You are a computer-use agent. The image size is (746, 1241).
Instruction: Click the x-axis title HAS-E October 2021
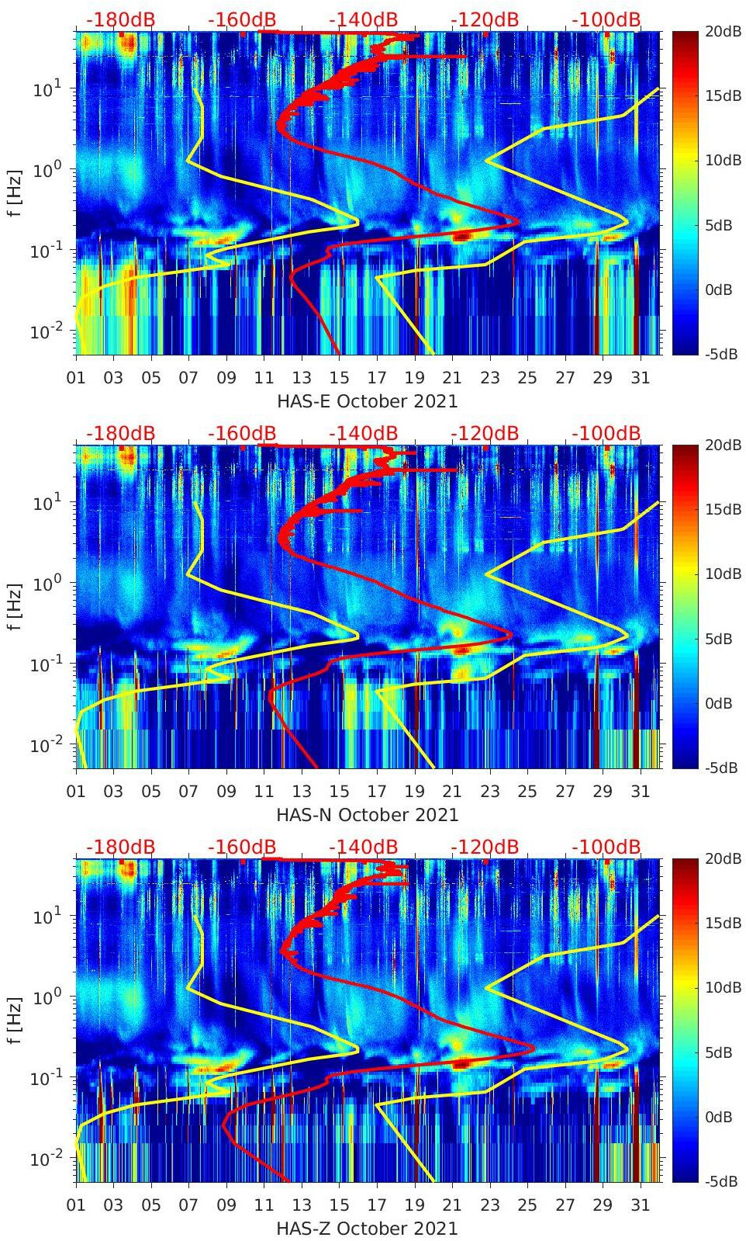click(368, 401)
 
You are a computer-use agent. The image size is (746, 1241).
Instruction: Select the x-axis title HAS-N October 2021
click(368, 815)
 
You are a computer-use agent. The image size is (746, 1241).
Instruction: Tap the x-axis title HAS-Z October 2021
click(368, 1229)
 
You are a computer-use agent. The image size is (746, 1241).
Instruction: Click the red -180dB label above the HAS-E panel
click(120, 20)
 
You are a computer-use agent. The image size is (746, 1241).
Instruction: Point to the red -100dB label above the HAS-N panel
click(606, 434)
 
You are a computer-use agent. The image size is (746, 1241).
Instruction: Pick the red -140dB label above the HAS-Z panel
click(363, 848)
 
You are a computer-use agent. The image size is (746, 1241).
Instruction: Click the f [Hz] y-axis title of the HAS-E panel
click(14, 193)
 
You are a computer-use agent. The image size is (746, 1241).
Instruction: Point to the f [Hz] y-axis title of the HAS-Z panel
click(14, 1021)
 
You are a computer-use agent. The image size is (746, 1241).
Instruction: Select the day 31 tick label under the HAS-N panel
click(640, 792)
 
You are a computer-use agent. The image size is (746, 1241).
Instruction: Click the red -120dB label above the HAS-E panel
click(485, 20)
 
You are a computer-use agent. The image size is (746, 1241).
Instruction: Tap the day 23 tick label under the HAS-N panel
click(489, 792)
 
